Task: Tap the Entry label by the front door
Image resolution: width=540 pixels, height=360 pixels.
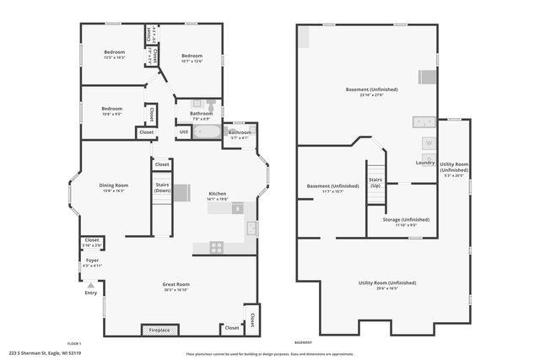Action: tap(90, 293)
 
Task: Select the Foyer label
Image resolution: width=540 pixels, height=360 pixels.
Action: tap(92, 261)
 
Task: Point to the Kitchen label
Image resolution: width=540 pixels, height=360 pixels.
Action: tap(218, 193)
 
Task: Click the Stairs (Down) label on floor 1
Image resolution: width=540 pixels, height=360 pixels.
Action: tap(163, 187)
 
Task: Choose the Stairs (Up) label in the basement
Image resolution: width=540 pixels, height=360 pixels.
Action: tap(376, 182)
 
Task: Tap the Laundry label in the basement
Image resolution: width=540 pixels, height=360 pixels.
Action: tap(425, 162)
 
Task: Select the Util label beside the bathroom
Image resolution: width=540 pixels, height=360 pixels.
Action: tap(184, 132)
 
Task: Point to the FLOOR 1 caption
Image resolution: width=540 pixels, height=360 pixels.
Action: tap(74, 343)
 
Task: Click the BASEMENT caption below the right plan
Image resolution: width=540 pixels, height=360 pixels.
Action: tap(303, 343)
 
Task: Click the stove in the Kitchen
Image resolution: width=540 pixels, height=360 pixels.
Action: tap(215, 247)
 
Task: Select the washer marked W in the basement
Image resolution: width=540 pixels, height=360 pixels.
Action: tap(429, 143)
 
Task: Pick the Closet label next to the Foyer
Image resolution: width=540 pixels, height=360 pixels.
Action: tap(91, 241)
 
